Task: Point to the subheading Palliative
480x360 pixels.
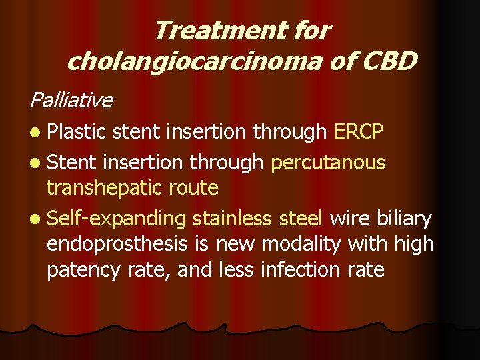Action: [71, 100]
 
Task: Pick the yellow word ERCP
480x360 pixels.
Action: [359, 131]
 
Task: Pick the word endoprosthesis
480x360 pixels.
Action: [117, 244]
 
